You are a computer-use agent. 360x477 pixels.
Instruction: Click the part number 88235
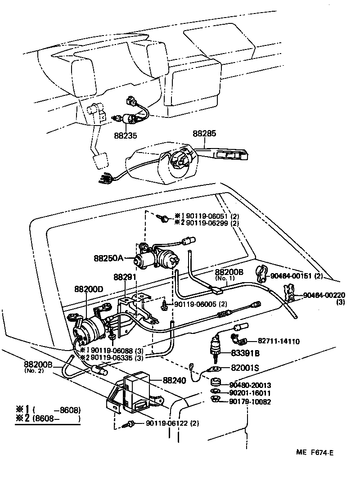[126, 135]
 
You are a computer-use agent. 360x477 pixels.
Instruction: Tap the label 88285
[205, 134]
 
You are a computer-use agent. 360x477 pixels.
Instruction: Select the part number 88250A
[108, 258]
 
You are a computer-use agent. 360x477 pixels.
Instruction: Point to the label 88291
[125, 278]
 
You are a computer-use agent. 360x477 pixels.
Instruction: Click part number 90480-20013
[250, 385]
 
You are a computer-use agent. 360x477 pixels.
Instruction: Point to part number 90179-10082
[250, 401]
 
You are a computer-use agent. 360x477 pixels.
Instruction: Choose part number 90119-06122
[167, 423]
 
